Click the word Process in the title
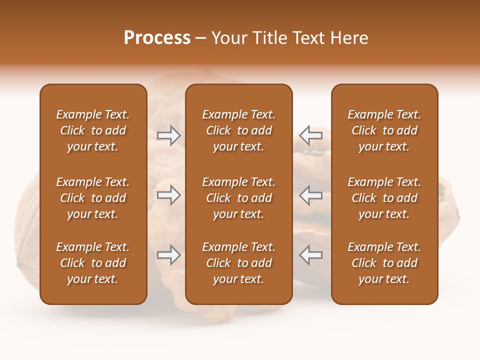coord(157,38)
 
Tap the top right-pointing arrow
coord(168,135)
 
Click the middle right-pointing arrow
coord(168,195)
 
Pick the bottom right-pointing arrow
coord(168,255)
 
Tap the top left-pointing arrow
coord(310,135)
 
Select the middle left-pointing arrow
coord(310,195)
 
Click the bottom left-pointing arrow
coord(310,255)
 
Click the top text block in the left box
coord(93,130)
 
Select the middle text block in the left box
coord(93,198)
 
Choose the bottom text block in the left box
coord(93,263)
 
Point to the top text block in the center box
coord(238,130)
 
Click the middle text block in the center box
coord(238,198)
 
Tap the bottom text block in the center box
coord(238,263)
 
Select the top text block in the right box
coord(384,130)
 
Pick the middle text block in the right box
coord(384,198)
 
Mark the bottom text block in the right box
coord(384,263)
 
